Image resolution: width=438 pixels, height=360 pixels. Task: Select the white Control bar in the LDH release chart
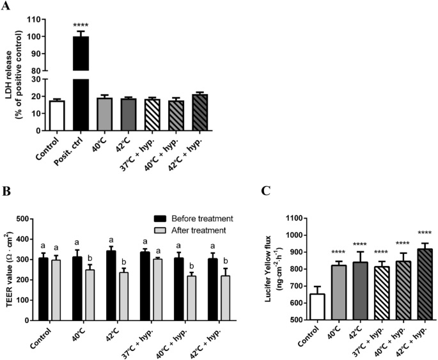pyautogui.click(x=57, y=116)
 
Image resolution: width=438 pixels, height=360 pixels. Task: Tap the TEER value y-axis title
pyautogui.click(x=12, y=269)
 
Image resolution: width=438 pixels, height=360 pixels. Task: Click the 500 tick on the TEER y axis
pyautogui.click(x=25, y=219)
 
